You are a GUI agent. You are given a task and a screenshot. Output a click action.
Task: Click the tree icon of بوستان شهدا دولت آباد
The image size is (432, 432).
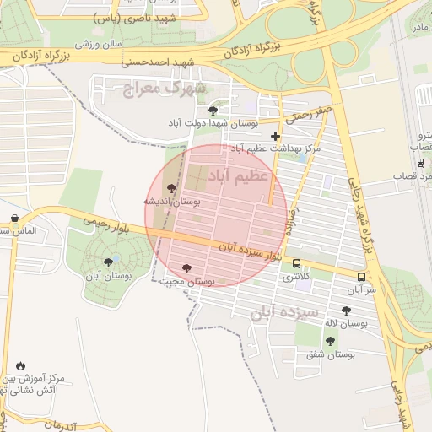pos(213,110)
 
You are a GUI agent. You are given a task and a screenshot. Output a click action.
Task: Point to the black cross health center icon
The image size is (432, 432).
pos(275,135)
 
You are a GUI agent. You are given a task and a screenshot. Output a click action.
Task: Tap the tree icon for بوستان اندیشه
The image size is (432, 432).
pos(172,189)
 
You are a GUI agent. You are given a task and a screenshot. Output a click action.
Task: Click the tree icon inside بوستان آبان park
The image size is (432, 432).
pos(108,262)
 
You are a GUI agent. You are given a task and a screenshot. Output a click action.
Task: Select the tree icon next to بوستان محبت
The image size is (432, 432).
pos(186,268)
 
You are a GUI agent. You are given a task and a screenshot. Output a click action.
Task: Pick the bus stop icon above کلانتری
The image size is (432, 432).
pos(295,263)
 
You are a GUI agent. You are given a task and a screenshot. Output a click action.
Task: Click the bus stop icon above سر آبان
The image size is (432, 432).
pos(361,277)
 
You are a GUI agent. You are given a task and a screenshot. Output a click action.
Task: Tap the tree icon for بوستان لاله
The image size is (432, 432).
pos(346,310)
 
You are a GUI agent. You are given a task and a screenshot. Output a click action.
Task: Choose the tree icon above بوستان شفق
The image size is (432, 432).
pos(330,341)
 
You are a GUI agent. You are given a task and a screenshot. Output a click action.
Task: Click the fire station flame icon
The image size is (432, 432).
pos(20,365)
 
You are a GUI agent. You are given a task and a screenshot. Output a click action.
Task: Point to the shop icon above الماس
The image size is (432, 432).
pos(15,218)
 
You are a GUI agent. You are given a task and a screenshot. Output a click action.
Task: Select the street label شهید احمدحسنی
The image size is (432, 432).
pos(158,62)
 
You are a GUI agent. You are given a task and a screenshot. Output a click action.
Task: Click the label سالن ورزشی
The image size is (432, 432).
pos(99,42)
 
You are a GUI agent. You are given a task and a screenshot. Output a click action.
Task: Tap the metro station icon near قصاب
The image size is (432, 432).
pos(420,162)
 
